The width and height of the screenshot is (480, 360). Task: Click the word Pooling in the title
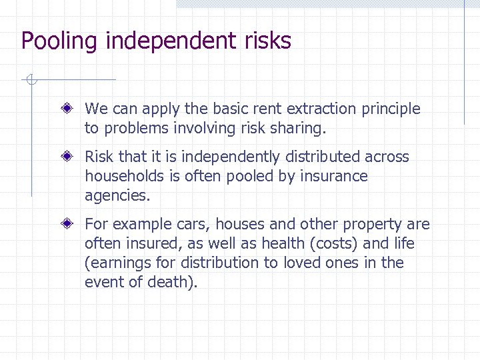(x=59, y=41)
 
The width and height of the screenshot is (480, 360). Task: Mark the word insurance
(x=335, y=177)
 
